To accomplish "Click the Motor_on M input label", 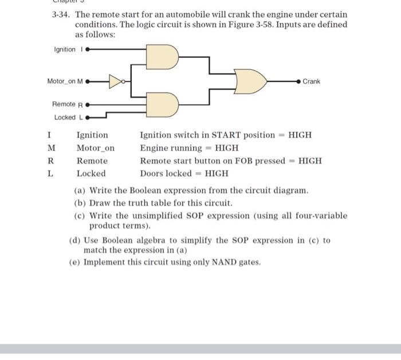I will point(65,81).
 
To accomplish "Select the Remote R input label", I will point(67,104).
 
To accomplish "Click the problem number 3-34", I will point(59,14).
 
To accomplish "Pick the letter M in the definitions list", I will point(50,148).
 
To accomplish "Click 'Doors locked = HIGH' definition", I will point(184,173).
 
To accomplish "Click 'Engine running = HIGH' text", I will point(189,148).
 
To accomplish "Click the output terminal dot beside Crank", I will point(299,81).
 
